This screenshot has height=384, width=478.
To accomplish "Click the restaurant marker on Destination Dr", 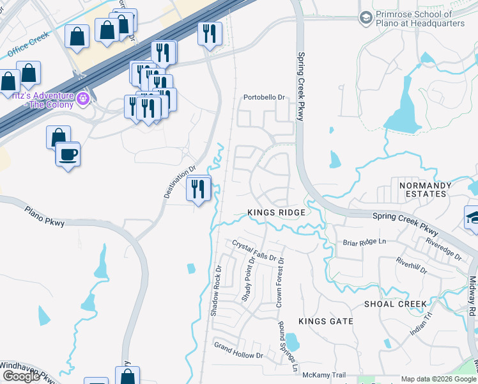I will pyautogui.click(x=199, y=189).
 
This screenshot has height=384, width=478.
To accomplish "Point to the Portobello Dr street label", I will pyautogui.click(x=263, y=98).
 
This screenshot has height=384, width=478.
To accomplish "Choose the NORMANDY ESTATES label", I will pyautogui.click(x=425, y=189).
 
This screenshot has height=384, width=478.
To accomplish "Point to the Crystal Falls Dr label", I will pyautogui.click(x=258, y=252).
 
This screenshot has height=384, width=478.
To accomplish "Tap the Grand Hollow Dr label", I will pyautogui.click(x=238, y=351).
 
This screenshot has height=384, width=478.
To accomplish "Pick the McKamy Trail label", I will pyautogui.click(x=324, y=375).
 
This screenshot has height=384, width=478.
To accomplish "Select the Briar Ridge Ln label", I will pyautogui.click(x=365, y=243).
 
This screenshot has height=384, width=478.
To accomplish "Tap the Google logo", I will pyautogui.click(x=21, y=376).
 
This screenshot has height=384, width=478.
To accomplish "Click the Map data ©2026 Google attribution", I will pyautogui.click(x=439, y=379).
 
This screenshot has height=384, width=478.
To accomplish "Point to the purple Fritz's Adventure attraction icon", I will pyautogui.click(x=82, y=99).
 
